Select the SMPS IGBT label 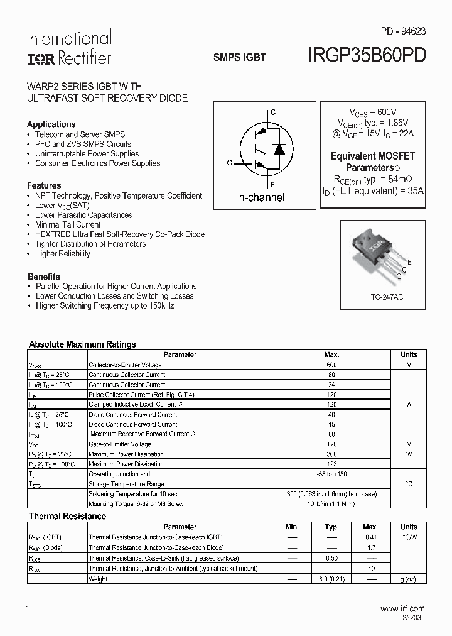[240, 57]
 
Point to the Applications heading [51, 124]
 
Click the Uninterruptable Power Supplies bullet [87, 153]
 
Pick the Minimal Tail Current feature [68, 224]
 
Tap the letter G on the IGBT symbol [230, 163]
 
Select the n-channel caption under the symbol [262, 197]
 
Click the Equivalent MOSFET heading [373, 156]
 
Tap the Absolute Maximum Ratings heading [82, 344]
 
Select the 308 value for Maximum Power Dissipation [331, 454]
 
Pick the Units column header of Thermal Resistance [409, 527]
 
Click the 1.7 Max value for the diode [370, 547]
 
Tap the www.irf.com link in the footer [403, 608]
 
